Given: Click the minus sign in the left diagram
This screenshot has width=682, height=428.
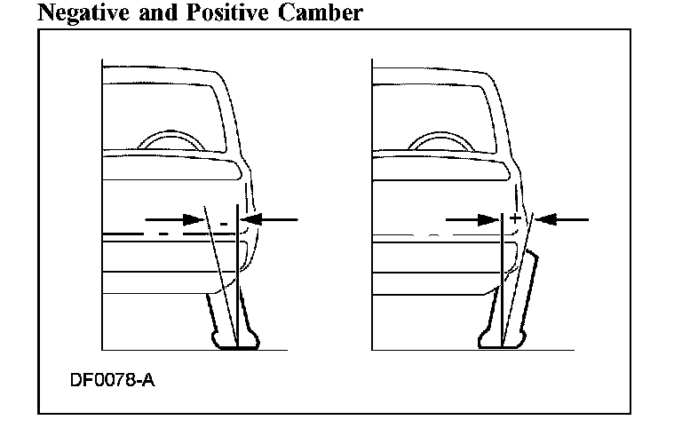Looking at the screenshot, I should pos(224,219).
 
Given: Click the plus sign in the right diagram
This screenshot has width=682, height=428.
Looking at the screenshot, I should pos(514,218).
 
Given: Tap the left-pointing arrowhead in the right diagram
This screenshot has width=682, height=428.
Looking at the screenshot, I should pos(545,218).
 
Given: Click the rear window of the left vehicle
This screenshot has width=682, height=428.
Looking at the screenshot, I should pos(160,115).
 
